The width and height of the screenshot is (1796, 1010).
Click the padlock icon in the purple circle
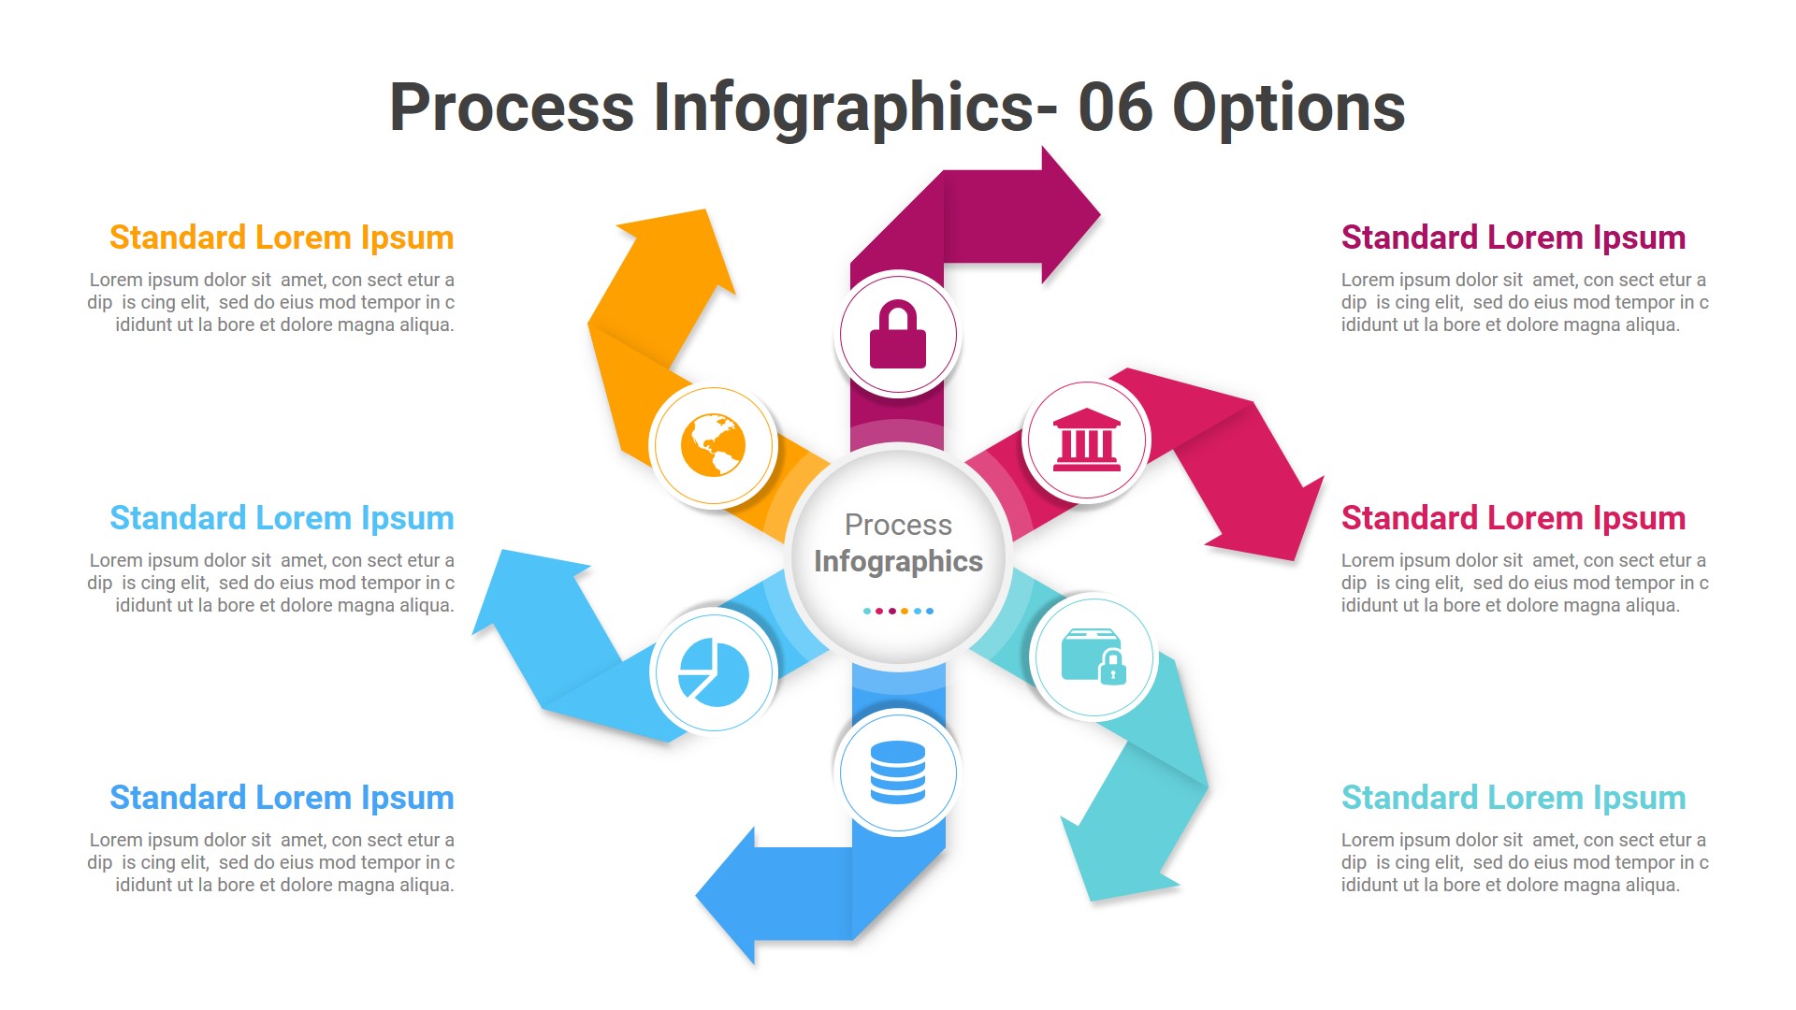click(897, 335)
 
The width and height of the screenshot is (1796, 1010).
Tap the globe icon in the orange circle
click(713, 445)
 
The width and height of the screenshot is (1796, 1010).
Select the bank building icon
click(1086, 440)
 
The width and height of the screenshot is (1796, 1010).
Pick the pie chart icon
click(713, 671)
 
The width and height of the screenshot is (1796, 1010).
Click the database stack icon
click(897, 772)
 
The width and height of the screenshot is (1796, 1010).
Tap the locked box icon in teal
click(1094, 656)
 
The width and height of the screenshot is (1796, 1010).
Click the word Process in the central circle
click(898, 525)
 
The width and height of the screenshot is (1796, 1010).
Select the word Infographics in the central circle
click(898, 561)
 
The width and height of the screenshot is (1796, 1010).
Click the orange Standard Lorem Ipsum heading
click(282, 238)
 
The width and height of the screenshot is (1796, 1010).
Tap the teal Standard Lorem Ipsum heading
click(1513, 798)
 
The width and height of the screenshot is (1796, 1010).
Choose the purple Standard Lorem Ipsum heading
click(1513, 238)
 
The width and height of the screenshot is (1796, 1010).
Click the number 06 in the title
click(1115, 108)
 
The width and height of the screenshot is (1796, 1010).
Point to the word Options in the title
click(1288, 108)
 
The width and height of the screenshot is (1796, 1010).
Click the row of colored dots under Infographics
click(898, 611)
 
